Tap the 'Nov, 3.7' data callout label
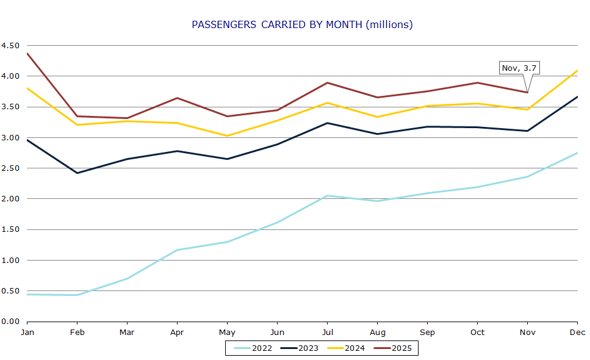520,68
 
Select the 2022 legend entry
251,348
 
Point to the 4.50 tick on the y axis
10,46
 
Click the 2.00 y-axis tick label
10,199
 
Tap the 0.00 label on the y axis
10,322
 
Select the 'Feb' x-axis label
77,332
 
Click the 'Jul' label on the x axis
327,332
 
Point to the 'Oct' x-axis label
477,332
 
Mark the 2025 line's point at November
527,92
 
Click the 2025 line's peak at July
327,83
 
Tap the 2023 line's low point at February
77,173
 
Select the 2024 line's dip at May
227,136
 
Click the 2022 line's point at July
327,196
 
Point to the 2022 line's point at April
177,250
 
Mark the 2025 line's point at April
177,98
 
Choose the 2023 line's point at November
527,131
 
